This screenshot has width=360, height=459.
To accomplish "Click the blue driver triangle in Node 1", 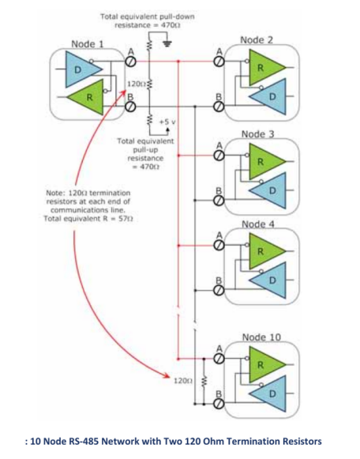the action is coord(81,70).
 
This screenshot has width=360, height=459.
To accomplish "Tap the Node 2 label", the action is coord(257,40).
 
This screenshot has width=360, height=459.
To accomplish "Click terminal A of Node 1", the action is coord(131,62).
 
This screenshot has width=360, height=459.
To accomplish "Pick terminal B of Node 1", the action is coord(131,107).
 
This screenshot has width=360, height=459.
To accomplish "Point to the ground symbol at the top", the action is coord(167,44).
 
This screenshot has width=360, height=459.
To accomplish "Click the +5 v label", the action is coord(167,122).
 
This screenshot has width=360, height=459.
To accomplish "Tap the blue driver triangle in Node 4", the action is coord(271,280).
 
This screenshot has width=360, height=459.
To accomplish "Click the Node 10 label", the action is coord(261,337).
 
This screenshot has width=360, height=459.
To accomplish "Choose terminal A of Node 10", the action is coord(219,359).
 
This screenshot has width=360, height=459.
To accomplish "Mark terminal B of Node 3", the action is coord(219,201).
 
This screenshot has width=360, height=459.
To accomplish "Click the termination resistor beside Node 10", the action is coord(204,381).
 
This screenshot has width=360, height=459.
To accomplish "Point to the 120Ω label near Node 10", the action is coord(183,381).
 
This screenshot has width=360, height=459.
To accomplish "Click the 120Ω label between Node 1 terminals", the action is coord(136,84).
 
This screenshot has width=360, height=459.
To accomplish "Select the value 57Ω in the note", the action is coord(126,219).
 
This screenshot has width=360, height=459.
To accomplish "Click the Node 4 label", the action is coord(258,224).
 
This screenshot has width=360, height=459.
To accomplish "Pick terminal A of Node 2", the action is coord(219,62).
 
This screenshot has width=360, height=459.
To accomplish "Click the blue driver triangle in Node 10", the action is coord(271,393).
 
